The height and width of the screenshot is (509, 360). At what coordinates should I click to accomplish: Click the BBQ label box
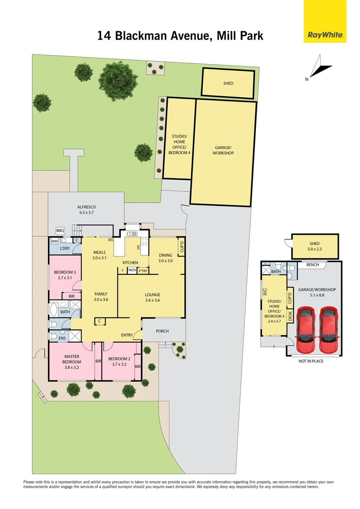(x=60, y=230)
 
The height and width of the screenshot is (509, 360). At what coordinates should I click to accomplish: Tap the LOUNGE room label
(x=152, y=298)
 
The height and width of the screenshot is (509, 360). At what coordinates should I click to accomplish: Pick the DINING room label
(x=165, y=258)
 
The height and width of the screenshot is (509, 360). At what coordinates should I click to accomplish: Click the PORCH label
(x=162, y=331)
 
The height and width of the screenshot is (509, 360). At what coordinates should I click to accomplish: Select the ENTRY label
(x=127, y=335)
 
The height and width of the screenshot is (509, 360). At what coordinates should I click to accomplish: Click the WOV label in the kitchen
(x=132, y=271)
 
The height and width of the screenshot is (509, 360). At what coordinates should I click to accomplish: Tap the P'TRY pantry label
(x=143, y=271)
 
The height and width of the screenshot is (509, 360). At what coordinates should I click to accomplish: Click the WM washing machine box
(x=55, y=241)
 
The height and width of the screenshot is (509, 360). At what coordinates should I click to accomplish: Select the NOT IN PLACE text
(x=311, y=361)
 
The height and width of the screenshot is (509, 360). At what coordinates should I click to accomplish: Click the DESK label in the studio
(x=290, y=315)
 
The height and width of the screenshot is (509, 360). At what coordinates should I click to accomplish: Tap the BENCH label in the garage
(x=312, y=265)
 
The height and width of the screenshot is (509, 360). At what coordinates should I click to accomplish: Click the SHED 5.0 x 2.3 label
(x=315, y=246)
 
